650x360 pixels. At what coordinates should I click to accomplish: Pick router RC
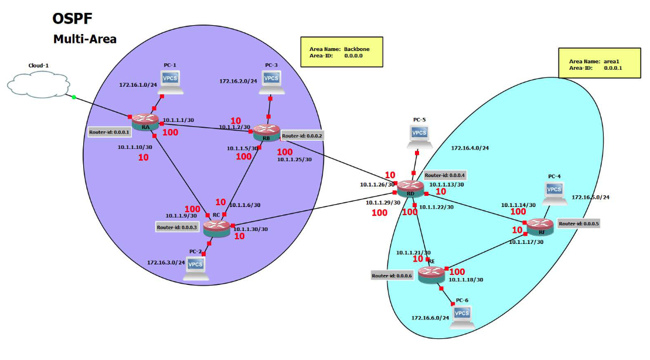(x=216, y=227)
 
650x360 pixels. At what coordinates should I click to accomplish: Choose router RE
(x=431, y=273)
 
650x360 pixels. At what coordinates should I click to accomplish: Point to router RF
(x=539, y=226)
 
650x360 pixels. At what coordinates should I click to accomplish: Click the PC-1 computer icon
(x=170, y=81)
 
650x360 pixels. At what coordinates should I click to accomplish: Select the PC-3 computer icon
(x=271, y=81)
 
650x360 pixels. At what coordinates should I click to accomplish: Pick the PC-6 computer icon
(x=462, y=315)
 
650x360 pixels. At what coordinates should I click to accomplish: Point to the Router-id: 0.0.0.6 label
(x=393, y=275)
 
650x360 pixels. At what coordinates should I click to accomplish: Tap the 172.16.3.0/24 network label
(x=166, y=262)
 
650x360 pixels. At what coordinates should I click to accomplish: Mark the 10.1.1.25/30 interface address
(x=294, y=159)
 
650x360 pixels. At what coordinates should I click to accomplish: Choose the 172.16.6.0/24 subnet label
(x=430, y=318)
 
